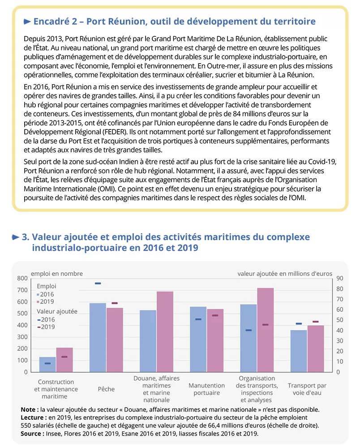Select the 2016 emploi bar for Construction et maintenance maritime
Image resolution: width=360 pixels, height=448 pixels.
48,364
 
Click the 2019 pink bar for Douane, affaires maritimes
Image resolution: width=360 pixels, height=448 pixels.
165,332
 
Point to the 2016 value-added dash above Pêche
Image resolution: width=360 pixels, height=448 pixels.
98,283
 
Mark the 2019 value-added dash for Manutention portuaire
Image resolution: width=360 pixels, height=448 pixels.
215,315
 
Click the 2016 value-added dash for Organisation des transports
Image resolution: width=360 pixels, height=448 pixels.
249,330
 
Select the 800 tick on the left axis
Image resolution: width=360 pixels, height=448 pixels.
22,278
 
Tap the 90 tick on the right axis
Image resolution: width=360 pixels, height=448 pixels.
339,278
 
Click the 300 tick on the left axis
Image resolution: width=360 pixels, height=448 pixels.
22,337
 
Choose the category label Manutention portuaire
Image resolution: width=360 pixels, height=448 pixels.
206,389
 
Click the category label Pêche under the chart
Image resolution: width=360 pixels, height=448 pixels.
106,389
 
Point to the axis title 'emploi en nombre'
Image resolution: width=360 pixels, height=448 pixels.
56,273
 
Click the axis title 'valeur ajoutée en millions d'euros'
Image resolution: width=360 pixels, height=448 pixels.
285,273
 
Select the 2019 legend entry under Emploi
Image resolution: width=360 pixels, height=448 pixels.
46,302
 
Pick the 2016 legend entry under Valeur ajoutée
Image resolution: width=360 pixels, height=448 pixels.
46,319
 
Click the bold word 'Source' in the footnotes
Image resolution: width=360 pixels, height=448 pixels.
31,434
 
